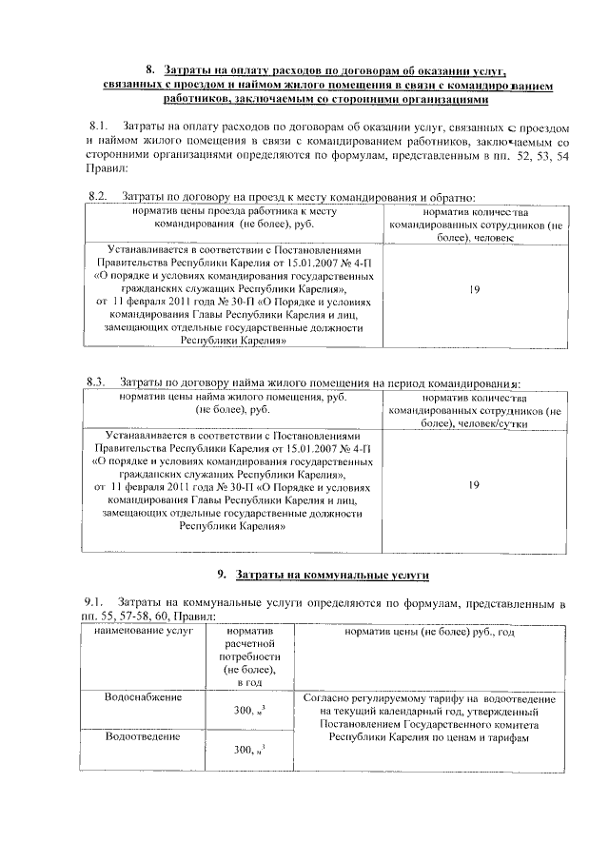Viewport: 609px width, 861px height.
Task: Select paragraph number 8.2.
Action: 96,196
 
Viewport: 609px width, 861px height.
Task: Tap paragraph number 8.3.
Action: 97,382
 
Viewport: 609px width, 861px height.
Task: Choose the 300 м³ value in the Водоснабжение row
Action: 247,710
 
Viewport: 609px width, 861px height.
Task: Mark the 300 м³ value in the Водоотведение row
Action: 247,751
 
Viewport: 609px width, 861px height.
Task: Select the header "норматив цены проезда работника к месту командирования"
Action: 236,216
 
